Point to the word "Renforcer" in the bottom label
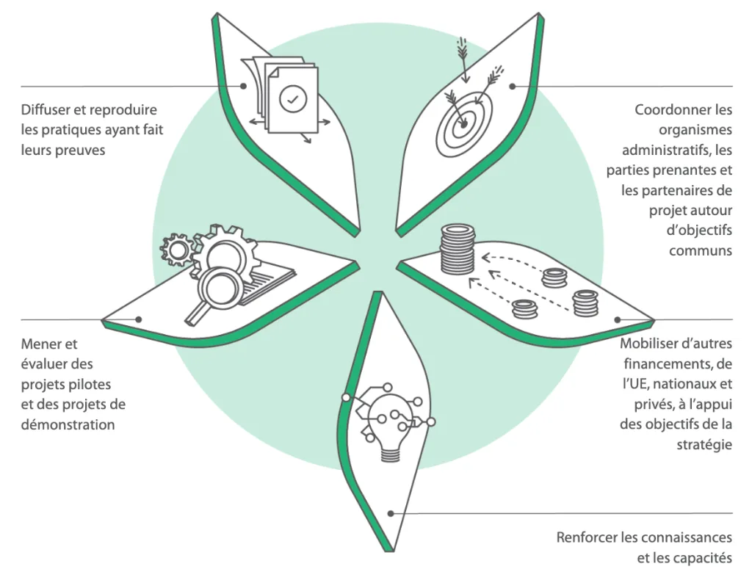click(x=587, y=537)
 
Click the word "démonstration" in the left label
click(x=68, y=424)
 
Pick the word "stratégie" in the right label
click(x=704, y=444)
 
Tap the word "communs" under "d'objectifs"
click(x=701, y=250)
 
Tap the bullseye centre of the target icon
click(x=463, y=126)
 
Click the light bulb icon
click(x=388, y=430)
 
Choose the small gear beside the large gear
click(x=176, y=250)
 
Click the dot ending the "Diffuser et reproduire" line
click(x=243, y=86)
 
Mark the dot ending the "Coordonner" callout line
click(x=513, y=86)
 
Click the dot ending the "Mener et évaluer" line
click(x=139, y=319)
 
